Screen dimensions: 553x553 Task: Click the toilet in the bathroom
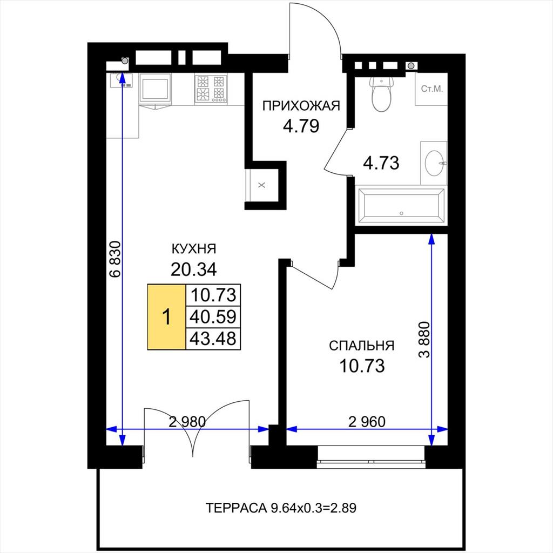(x=381, y=94)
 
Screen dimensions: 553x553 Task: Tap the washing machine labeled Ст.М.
(x=431, y=89)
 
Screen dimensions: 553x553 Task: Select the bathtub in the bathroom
(x=401, y=206)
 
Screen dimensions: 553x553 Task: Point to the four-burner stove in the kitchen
(x=211, y=89)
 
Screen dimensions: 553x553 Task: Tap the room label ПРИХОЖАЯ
(x=301, y=105)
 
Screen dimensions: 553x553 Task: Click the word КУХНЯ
(x=194, y=249)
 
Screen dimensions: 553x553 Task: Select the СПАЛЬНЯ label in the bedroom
(x=361, y=346)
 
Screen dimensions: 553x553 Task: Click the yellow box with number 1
(x=166, y=316)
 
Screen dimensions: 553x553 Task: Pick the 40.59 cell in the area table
(x=213, y=316)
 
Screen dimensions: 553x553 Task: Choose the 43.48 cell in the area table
(x=213, y=339)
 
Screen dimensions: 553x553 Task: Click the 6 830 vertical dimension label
(x=116, y=259)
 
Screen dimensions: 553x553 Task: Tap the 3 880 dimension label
(x=424, y=339)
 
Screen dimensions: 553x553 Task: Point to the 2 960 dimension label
(x=367, y=421)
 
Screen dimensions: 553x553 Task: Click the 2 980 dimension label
(x=187, y=421)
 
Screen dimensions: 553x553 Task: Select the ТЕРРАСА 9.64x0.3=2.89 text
(x=281, y=508)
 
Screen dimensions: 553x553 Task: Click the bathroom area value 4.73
(x=381, y=163)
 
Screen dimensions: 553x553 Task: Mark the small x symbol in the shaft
(x=262, y=185)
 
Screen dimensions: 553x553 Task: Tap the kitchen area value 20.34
(x=194, y=269)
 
